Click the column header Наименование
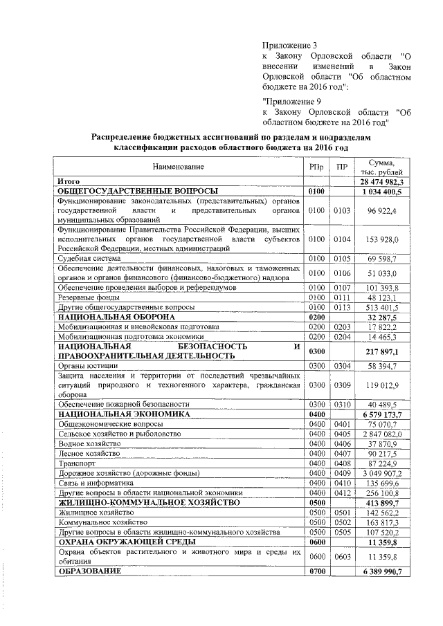pos(179,167)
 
